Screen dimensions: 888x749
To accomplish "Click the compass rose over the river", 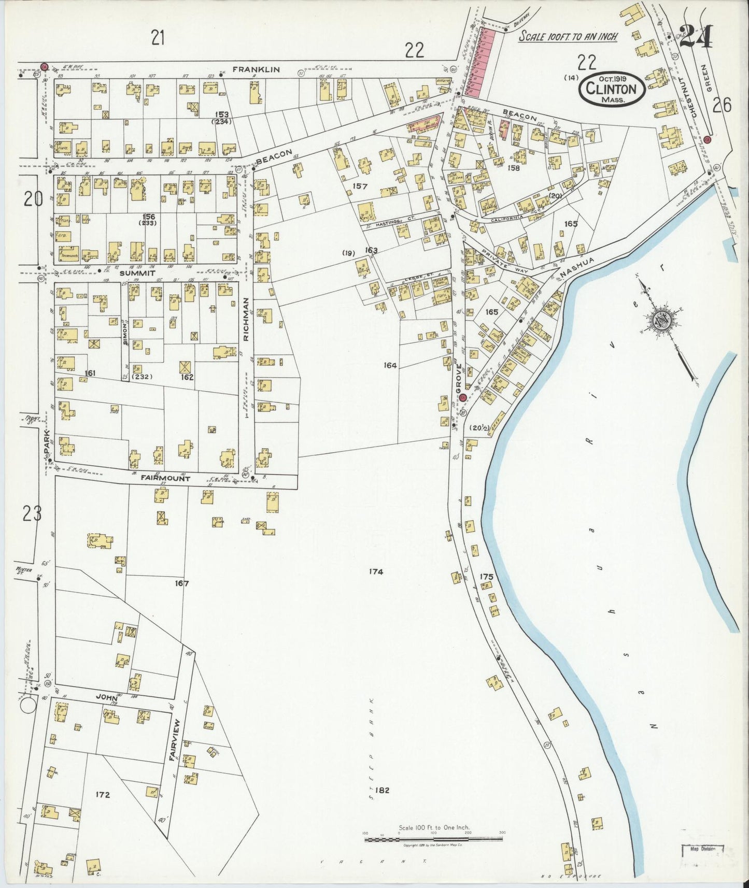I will pyautogui.click(x=661, y=322).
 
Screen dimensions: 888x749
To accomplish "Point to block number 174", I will pyautogui.click(x=376, y=572).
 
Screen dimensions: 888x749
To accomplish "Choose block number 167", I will pyautogui.click(x=181, y=583).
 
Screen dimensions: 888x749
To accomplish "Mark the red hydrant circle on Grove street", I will pyautogui.click(x=462, y=398).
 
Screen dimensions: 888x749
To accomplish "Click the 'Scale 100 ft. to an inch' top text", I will pyautogui.click(x=568, y=37).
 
